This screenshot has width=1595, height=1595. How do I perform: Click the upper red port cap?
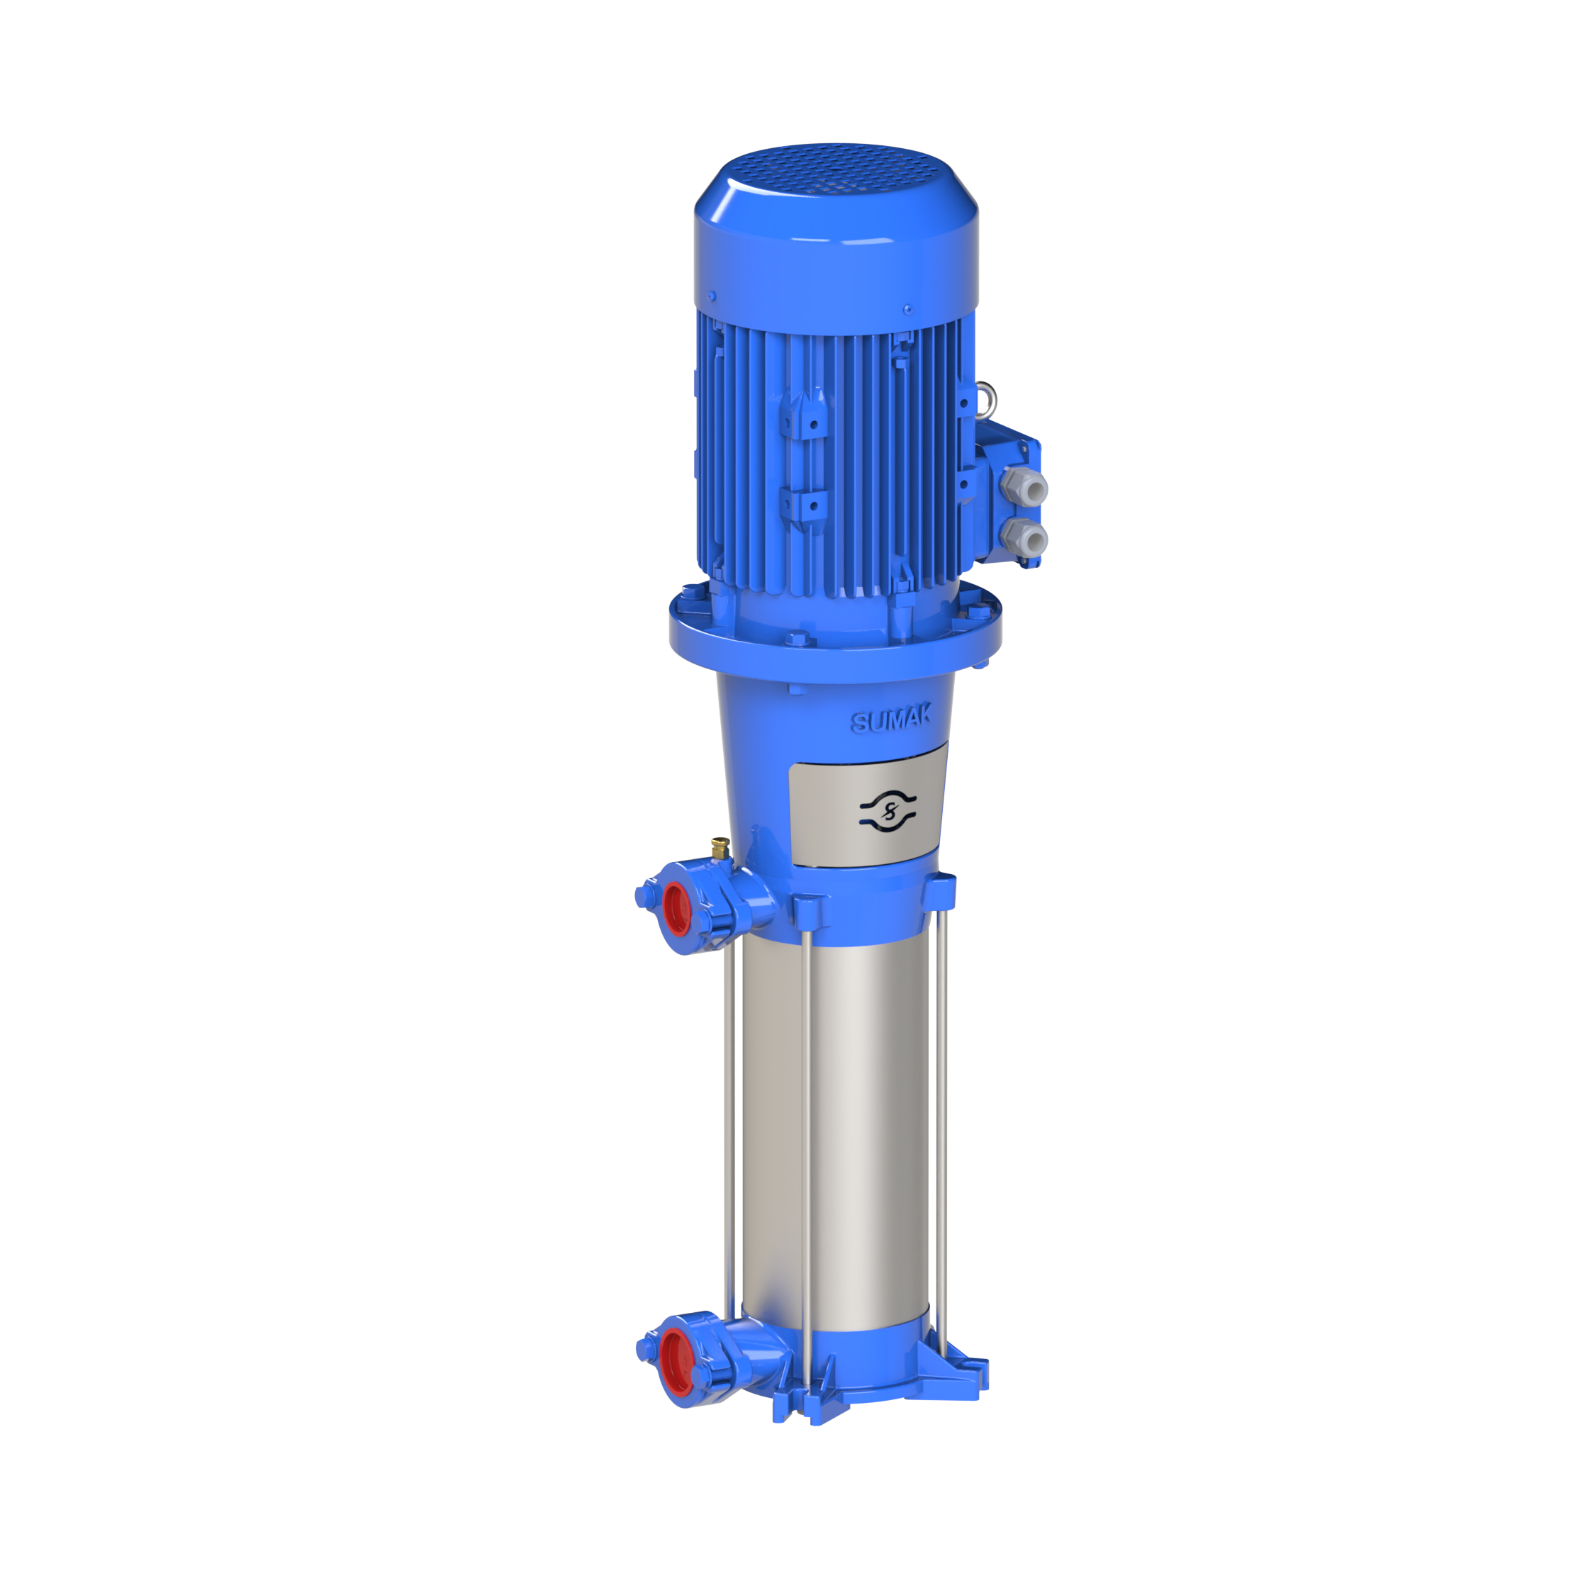(x=676, y=909)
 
